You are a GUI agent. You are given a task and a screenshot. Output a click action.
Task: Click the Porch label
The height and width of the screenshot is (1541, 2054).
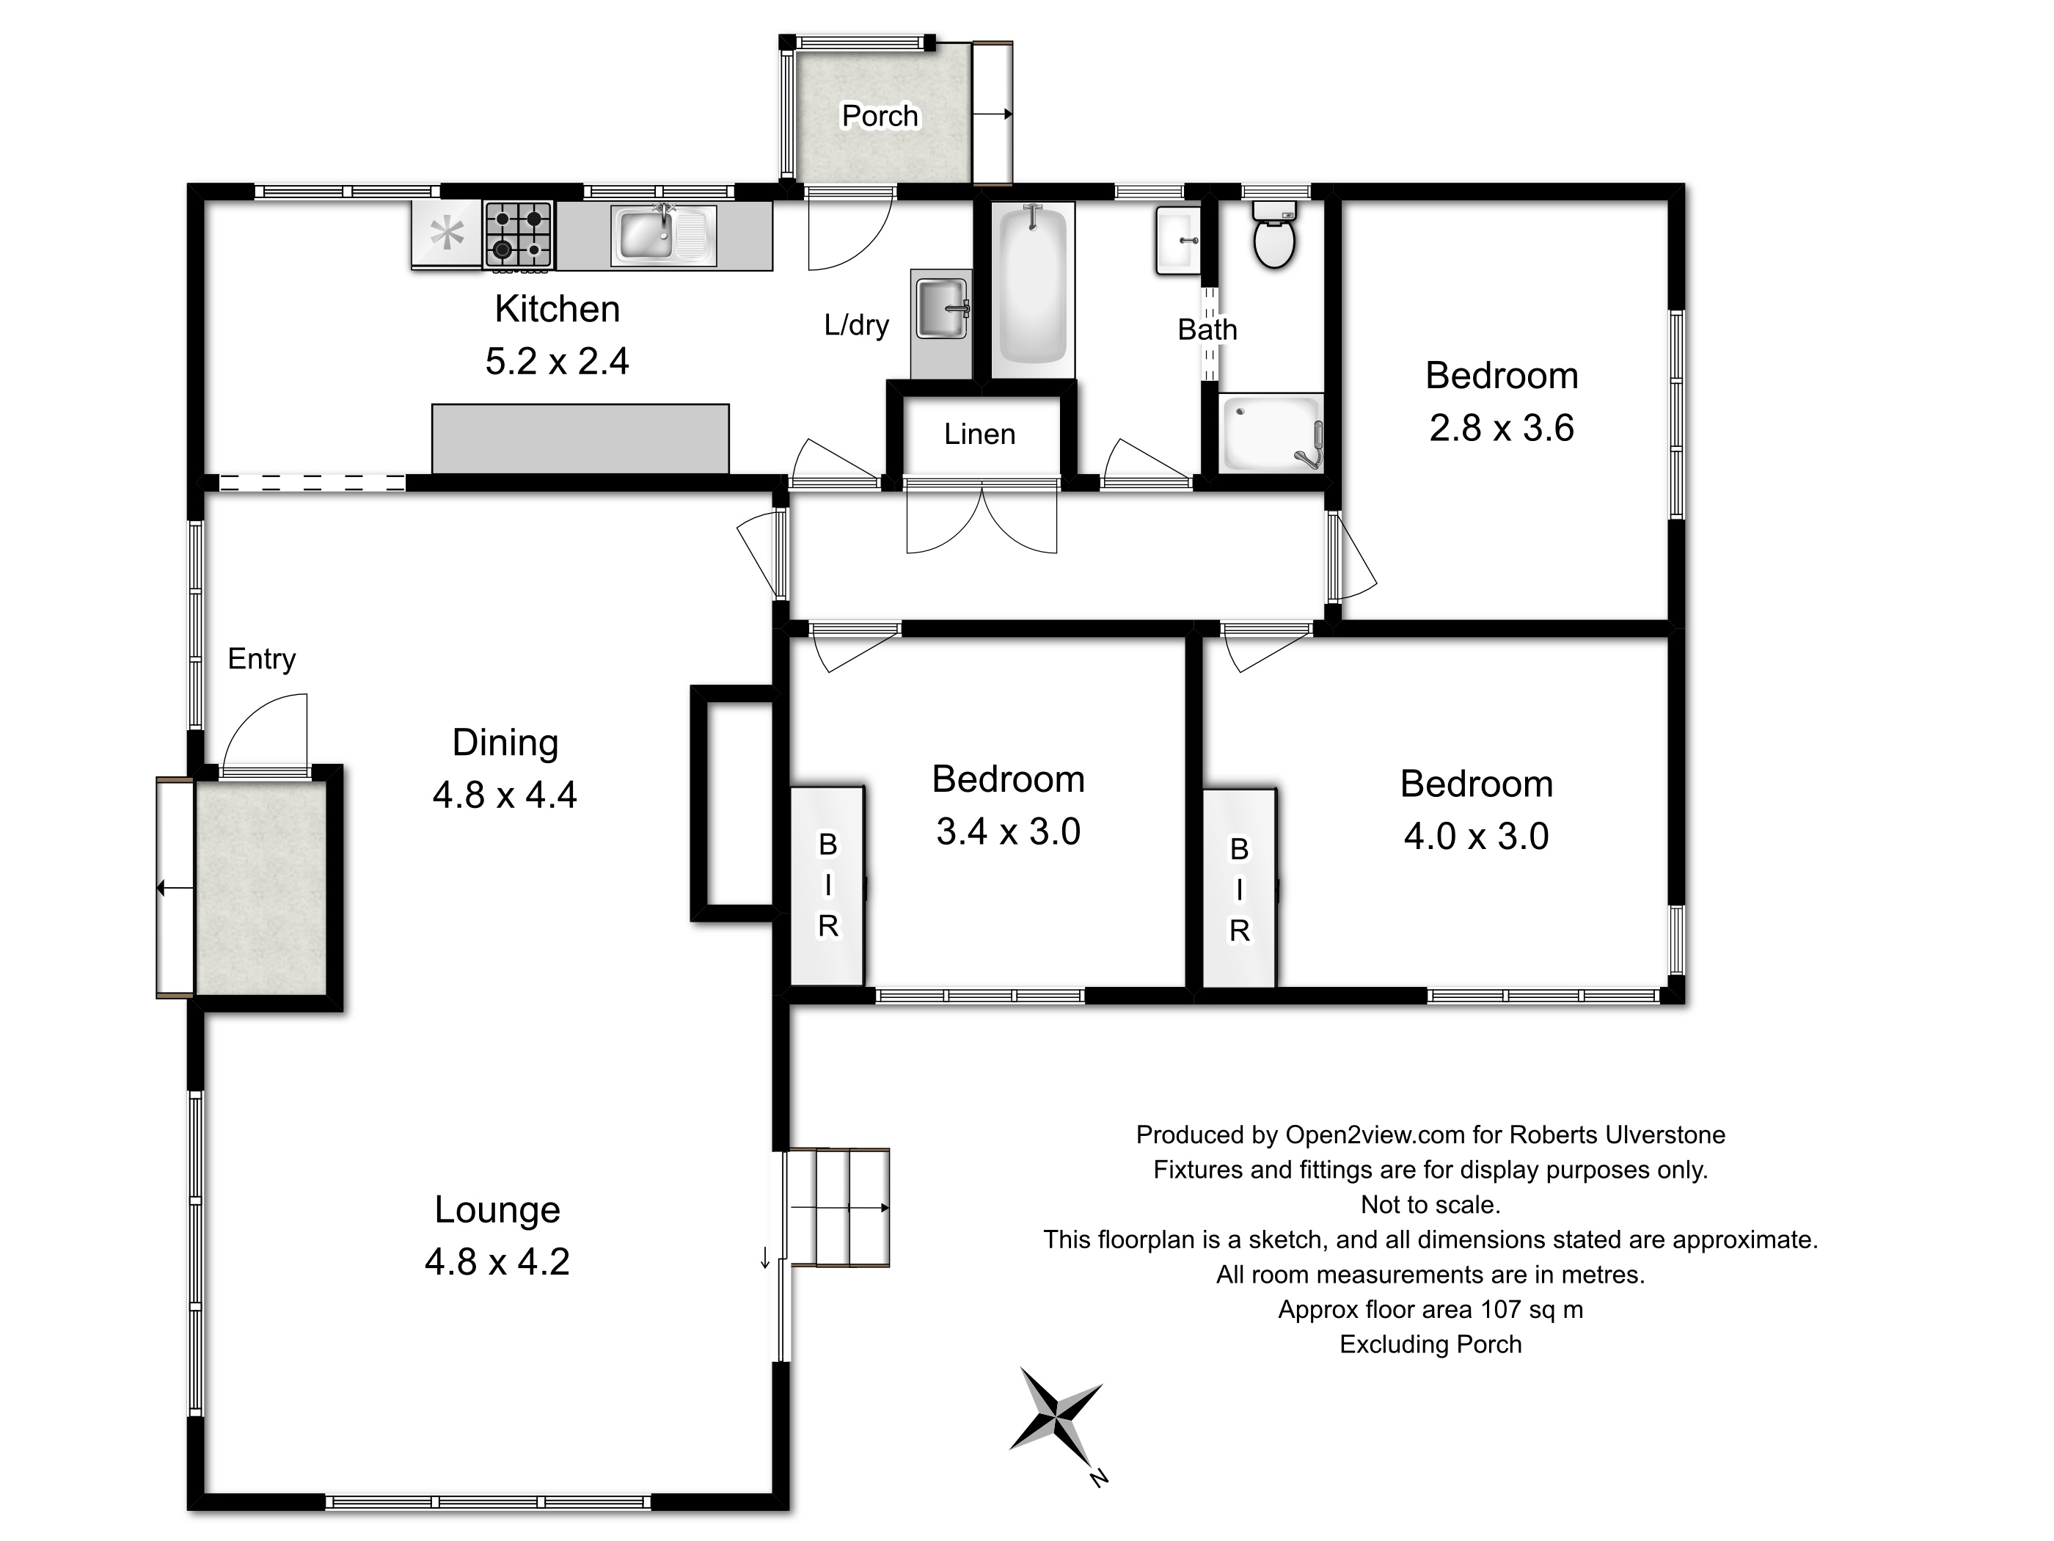pyautogui.click(x=880, y=115)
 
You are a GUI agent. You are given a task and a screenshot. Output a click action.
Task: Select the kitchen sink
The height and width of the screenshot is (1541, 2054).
pyautogui.click(x=663, y=236)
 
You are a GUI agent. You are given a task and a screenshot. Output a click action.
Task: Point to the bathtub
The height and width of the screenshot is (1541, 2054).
pyautogui.click(x=1033, y=290)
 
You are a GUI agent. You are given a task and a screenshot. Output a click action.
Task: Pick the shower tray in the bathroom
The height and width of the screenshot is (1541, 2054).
pyautogui.click(x=1271, y=433)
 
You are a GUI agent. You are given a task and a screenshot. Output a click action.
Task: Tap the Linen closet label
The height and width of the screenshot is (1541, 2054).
pyautogui.click(x=979, y=434)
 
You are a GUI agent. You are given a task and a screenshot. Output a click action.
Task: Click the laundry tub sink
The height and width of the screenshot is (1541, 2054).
pyautogui.click(x=942, y=307)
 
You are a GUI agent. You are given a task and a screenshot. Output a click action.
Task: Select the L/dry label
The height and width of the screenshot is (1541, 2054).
pyautogui.click(x=856, y=324)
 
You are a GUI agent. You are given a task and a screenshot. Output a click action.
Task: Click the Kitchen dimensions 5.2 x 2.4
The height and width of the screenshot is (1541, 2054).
pyautogui.click(x=557, y=360)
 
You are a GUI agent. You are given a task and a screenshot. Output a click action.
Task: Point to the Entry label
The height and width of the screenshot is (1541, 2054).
pyautogui.click(x=262, y=658)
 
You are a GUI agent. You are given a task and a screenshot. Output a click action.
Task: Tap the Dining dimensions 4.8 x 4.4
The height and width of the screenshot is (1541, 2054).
pyautogui.click(x=505, y=795)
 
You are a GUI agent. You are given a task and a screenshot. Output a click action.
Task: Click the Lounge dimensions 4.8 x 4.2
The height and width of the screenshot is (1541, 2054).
pyautogui.click(x=497, y=1261)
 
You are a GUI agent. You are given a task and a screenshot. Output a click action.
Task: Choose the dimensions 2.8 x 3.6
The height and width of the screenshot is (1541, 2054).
pyautogui.click(x=1502, y=429)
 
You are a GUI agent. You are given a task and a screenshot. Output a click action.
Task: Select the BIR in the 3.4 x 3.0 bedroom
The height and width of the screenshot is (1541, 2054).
pyautogui.click(x=827, y=885)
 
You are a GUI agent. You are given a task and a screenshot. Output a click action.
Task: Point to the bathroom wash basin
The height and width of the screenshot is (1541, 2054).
pyautogui.click(x=1178, y=240)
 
